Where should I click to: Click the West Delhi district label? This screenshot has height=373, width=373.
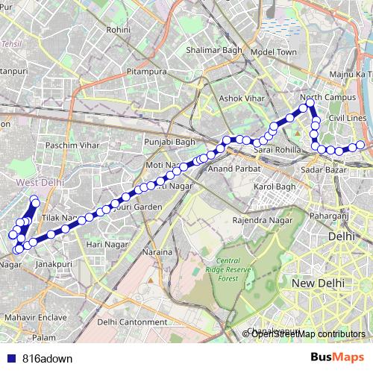click(x=40, y=181)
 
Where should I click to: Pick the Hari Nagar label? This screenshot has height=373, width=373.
click(x=105, y=244)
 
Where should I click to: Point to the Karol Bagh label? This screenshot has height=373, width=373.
click(x=275, y=186)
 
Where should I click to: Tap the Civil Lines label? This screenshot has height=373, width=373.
click(x=346, y=118)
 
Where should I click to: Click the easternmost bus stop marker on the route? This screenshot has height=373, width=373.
click(x=361, y=145)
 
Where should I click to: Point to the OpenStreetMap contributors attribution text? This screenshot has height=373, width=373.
click(x=308, y=333)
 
